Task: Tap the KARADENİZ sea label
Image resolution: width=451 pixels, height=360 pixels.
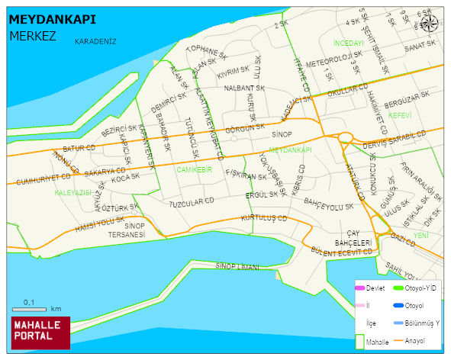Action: point(95,42)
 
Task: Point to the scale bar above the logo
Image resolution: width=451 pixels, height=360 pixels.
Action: point(30,309)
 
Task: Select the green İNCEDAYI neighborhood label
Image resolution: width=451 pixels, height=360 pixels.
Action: point(349,43)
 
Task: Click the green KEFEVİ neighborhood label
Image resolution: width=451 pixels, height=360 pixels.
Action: point(399,115)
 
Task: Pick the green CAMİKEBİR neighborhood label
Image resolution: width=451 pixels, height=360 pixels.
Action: point(194,169)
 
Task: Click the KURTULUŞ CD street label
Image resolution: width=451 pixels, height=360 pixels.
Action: point(263,218)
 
